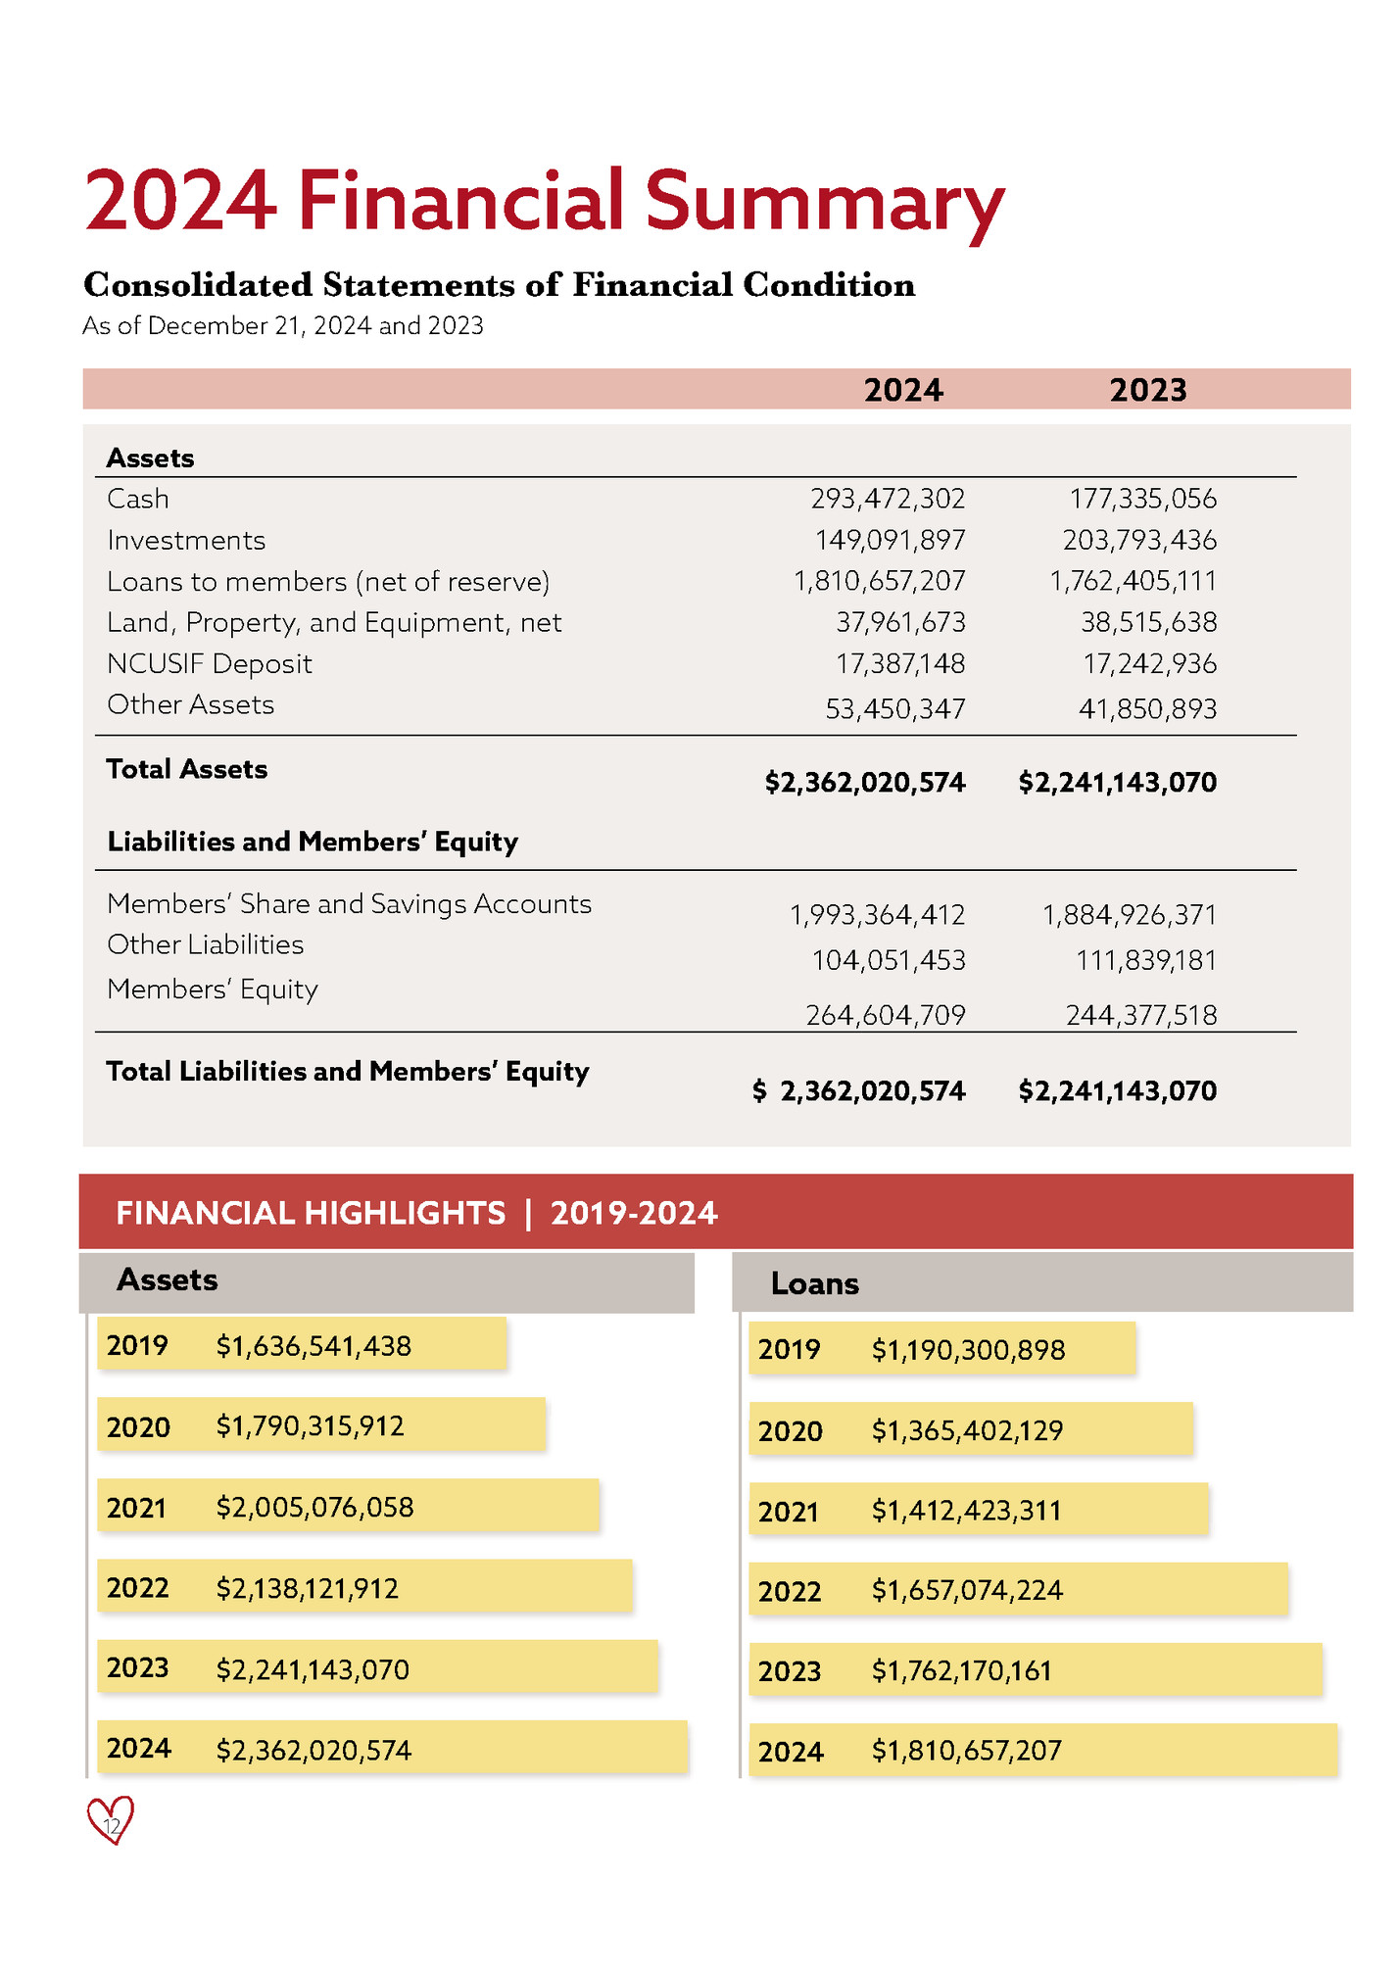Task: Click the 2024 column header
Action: click(902, 390)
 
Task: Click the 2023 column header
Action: click(1147, 390)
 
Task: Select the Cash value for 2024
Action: click(888, 499)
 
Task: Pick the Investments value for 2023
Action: click(1139, 540)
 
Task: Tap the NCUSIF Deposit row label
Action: click(209, 663)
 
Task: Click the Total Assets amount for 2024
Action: click(865, 782)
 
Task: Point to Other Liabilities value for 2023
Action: click(1145, 960)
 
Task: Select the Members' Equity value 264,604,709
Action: click(886, 1015)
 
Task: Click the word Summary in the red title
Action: click(823, 201)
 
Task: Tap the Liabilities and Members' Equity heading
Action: click(312, 842)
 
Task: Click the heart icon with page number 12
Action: click(111, 1821)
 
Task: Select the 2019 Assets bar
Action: click(302, 1344)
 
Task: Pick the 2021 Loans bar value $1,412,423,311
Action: click(966, 1510)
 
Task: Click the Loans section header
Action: click(814, 1283)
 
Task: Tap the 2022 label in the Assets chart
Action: click(137, 1587)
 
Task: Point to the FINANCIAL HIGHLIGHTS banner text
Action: click(416, 1213)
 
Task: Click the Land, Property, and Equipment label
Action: click(334, 622)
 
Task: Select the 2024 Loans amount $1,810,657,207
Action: click(966, 1750)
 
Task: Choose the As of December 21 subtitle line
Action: click(282, 326)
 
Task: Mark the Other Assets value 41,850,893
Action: click(1147, 708)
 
